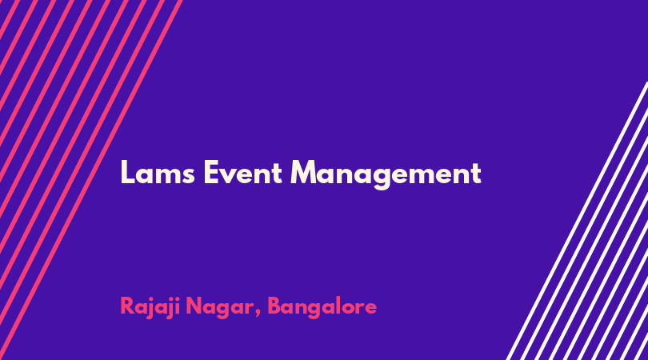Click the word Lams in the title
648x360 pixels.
tap(158, 172)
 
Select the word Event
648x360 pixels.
tap(243, 172)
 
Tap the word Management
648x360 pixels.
tap(386, 174)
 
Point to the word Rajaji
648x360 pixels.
tap(150, 307)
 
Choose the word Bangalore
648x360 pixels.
tap(322, 307)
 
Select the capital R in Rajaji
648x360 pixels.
tap(127, 306)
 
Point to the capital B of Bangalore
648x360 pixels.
tap(275, 306)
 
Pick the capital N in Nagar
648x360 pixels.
tap(194, 306)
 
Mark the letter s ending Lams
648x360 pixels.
tap(188, 175)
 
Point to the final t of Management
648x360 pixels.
tap(477, 174)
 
